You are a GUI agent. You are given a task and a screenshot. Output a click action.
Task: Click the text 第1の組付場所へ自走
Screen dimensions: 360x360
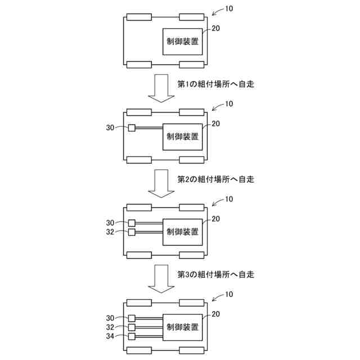216,84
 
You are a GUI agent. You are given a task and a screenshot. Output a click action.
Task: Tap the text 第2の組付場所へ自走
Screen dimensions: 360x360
216,179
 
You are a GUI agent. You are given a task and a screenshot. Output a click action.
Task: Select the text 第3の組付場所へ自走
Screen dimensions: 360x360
216,275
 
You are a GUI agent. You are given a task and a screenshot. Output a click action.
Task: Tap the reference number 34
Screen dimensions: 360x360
110,337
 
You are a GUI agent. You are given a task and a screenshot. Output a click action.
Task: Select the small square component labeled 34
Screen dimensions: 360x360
132,336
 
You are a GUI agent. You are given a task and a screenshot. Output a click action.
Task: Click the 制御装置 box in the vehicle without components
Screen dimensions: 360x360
183,41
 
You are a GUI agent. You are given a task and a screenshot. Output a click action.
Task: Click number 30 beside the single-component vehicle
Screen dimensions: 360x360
110,128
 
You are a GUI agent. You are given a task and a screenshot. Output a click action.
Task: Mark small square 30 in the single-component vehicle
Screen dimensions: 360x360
132,128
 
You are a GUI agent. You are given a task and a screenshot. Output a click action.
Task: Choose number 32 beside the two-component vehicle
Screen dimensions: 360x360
110,232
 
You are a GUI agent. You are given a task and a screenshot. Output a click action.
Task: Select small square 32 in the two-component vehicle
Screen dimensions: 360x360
132,232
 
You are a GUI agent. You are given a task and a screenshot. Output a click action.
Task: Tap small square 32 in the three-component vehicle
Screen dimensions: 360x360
132,327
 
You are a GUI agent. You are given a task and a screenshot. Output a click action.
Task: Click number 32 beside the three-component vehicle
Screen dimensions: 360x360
110,327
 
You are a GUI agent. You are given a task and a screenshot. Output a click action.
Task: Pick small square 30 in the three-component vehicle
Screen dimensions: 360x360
132,318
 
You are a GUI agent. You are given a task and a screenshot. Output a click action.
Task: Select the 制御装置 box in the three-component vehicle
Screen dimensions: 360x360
183,327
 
